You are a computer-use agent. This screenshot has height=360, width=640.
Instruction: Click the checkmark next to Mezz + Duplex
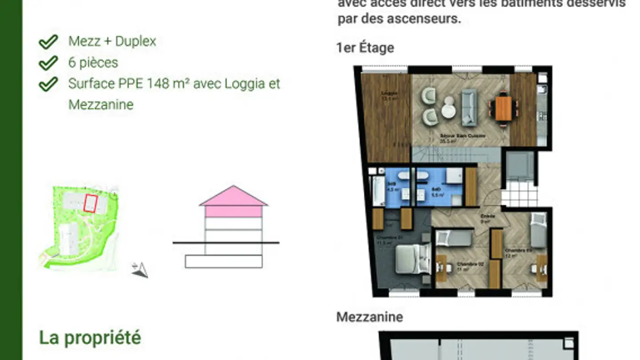coord(48,42)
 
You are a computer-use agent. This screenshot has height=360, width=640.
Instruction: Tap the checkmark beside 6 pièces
coord(48,63)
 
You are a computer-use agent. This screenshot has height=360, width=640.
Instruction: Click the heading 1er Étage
coord(365,48)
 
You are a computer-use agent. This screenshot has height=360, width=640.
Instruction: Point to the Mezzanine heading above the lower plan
coord(369,317)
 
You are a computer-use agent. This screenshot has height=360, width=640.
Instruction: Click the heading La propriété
coord(90,338)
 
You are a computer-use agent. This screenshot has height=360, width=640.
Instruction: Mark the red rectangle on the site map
coord(90,203)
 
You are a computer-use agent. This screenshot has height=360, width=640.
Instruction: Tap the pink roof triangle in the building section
coord(233,196)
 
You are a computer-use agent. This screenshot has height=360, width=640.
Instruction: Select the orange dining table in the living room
coord(504,108)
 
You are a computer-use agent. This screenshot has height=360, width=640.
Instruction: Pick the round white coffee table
coord(448,110)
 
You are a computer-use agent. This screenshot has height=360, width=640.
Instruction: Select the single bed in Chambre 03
coord(538,230)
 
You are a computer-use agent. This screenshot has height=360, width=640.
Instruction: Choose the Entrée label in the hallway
coord(485,216)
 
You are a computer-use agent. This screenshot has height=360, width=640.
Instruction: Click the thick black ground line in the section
coord(226,243)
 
